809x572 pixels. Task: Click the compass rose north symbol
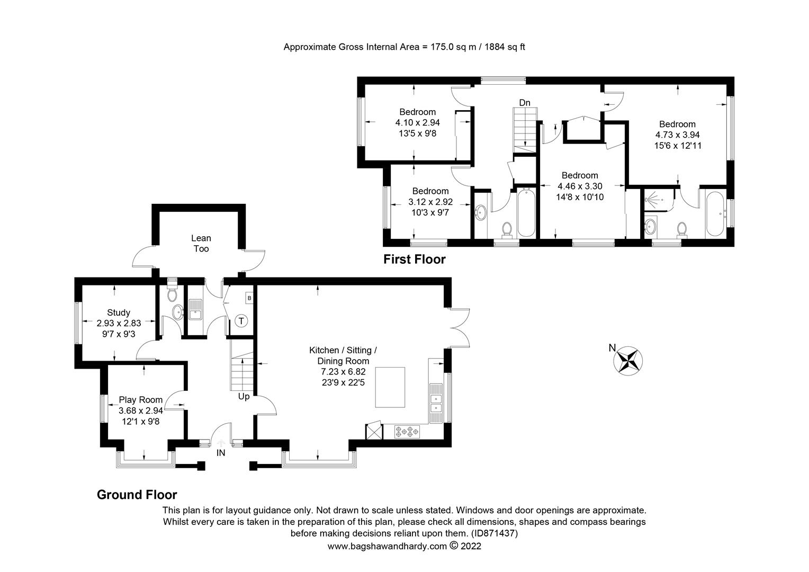tap(627, 361)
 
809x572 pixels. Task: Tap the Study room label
tap(118, 312)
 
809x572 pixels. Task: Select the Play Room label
tap(140, 400)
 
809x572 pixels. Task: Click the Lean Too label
tap(201, 244)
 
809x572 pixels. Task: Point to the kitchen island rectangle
tap(390, 387)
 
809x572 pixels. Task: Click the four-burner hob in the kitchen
tap(407, 432)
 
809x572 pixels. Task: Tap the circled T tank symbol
tap(241, 320)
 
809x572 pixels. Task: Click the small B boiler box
tap(249, 298)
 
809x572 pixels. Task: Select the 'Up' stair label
tap(244, 396)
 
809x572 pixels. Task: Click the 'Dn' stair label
tap(524, 103)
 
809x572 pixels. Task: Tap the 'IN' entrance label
tap(221, 453)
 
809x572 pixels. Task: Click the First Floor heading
tap(414, 260)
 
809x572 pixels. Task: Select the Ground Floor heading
tap(137, 495)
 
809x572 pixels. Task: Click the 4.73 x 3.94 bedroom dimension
tap(677, 135)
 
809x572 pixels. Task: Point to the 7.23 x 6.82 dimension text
tap(343, 372)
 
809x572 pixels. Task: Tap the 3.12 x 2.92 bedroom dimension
tap(430, 202)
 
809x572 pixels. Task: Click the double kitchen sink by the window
tap(436, 403)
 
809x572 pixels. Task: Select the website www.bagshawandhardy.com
tap(387, 546)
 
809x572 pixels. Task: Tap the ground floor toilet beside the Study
tap(172, 293)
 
